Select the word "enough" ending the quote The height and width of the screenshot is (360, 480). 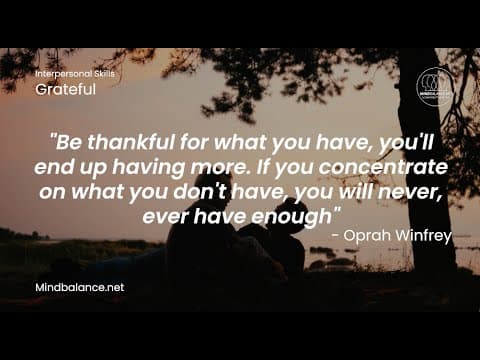click(303, 214)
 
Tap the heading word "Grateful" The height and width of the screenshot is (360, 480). click(65, 90)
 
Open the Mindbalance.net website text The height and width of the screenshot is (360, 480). click(78, 287)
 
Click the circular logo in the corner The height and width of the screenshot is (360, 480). click(435, 85)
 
